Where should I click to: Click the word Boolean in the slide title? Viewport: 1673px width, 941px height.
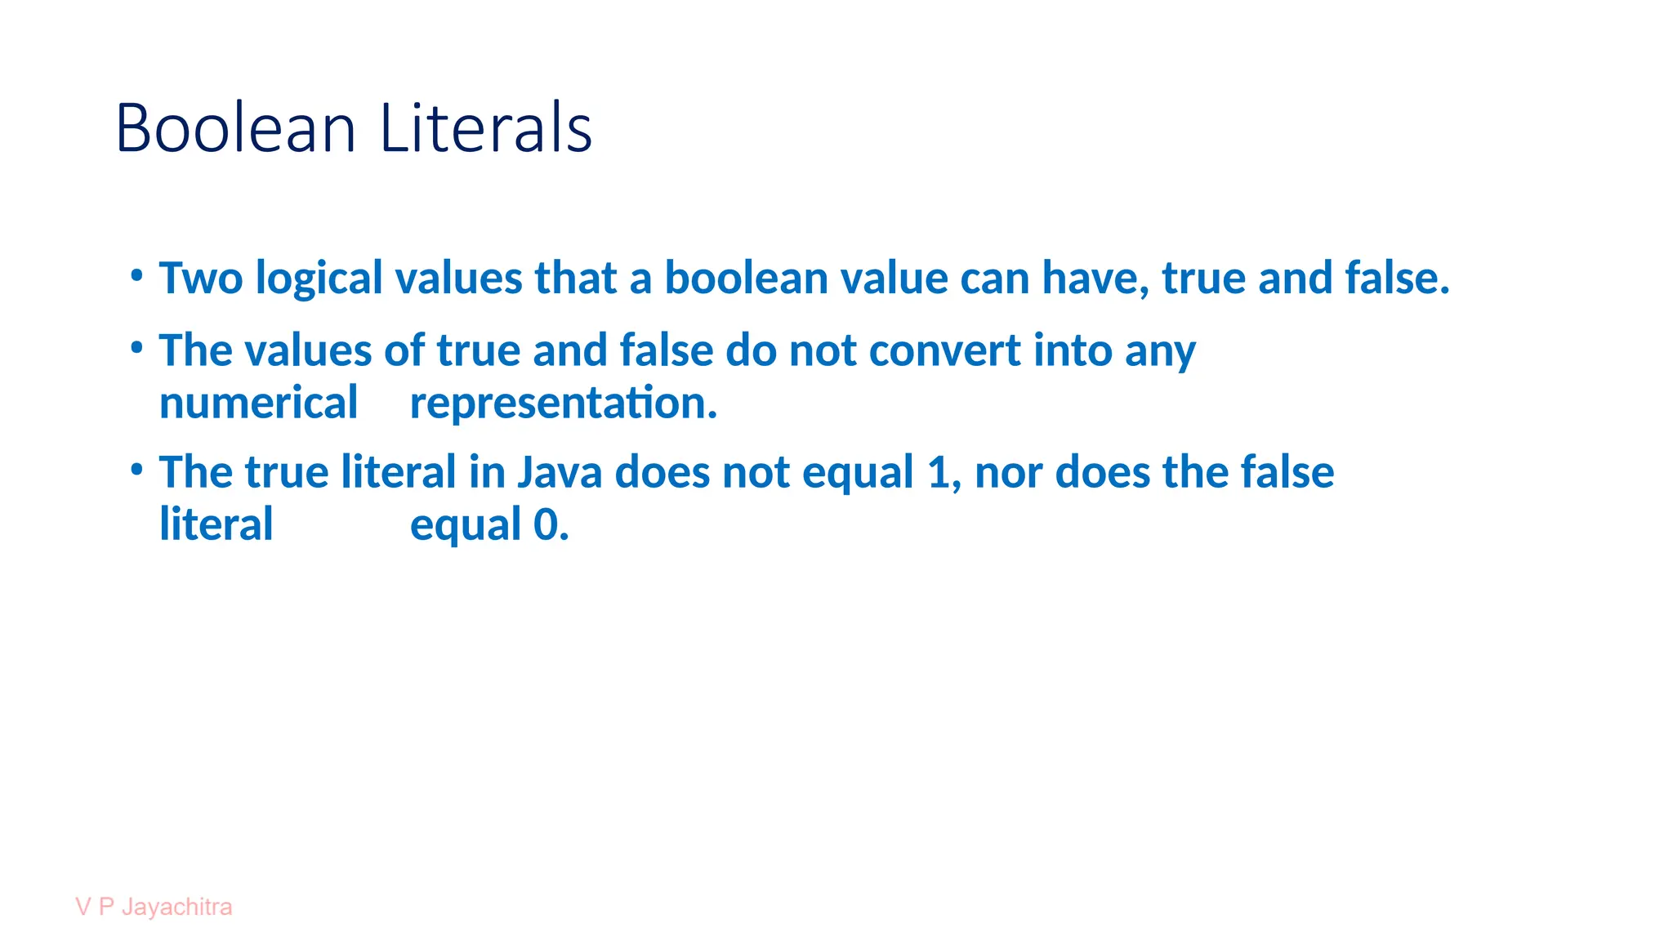tap(235, 128)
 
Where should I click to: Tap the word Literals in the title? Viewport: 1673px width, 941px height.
tap(485, 128)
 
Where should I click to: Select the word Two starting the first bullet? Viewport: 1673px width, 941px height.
tap(201, 278)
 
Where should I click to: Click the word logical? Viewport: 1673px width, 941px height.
tap(319, 279)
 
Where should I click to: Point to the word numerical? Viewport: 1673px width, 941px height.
tap(258, 404)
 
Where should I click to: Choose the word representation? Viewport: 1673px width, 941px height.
tap(564, 404)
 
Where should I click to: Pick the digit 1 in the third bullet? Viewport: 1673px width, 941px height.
tap(939, 473)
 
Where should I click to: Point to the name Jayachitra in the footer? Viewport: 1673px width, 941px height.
tap(176, 908)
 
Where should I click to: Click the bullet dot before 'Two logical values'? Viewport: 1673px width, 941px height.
tap(137, 275)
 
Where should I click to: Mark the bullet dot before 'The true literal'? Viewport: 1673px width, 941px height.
tap(137, 470)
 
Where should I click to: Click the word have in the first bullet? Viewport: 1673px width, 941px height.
tap(1095, 278)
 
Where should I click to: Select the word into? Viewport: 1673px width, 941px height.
tap(1072, 351)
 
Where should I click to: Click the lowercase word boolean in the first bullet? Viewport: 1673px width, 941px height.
tap(746, 278)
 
